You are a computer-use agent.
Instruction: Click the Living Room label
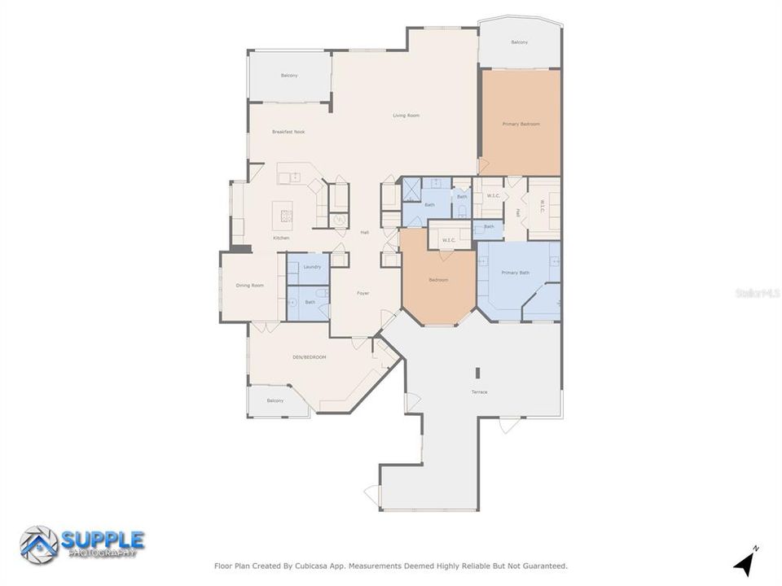tap(406, 116)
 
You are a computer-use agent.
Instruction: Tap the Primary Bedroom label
tap(521, 124)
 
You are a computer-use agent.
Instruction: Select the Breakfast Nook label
tap(288, 132)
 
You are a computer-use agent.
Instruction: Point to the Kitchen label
tap(281, 238)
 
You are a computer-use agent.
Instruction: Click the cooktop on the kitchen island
tap(287, 216)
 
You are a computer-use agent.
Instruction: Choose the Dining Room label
tap(250, 285)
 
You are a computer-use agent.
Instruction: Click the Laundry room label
tap(312, 267)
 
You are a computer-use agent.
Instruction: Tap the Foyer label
tap(364, 293)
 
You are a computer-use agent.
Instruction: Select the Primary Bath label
tap(515, 273)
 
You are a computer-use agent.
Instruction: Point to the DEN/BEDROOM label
tap(310, 357)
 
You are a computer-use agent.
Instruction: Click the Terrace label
tap(479, 392)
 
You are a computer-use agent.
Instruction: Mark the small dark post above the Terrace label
tap(477, 373)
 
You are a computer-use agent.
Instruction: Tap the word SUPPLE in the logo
tap(103, 540)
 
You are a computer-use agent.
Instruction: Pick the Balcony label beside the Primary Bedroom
tap(519, 42)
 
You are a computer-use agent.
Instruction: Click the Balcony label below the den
tap(275, 400)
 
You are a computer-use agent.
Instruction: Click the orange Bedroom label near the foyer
tap(438, 280)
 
